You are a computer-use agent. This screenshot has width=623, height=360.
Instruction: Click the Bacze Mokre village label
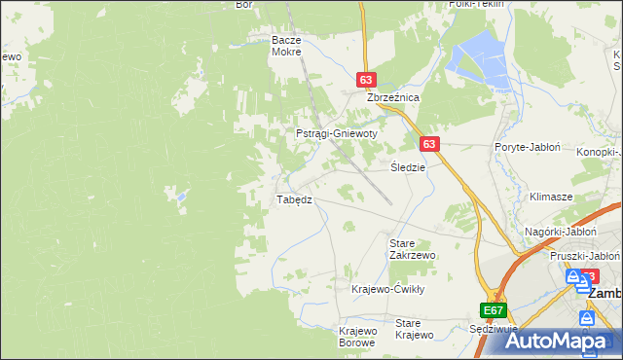[x=288, y=46]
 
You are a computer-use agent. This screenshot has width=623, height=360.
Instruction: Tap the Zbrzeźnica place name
[x=391, y=98]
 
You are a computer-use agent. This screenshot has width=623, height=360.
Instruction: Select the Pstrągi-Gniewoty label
[x=336, y=133]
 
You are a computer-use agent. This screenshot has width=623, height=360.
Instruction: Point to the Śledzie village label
[x=407, y=166]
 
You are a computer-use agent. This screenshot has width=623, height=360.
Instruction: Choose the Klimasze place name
[x=550, y=196]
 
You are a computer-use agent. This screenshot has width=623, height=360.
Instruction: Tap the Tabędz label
[x=294, y=198]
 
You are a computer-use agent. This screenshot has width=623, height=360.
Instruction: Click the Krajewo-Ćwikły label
[x=388, y=289]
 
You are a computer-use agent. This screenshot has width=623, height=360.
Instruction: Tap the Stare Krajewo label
[x=414, y=329]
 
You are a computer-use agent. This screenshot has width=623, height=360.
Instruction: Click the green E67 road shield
[x=494, y=310]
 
